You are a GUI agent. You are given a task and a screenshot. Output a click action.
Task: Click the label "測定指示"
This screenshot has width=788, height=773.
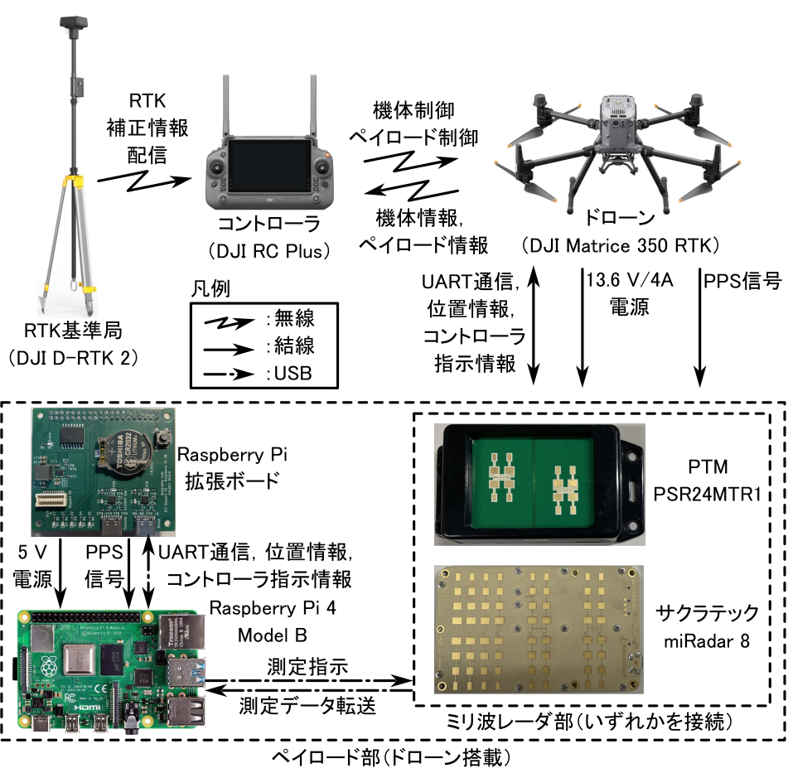[307, 666]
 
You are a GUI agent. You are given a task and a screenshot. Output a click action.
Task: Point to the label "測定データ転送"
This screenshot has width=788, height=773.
[307, 706]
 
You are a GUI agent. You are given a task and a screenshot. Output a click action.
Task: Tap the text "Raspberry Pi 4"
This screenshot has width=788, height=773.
[261, 609]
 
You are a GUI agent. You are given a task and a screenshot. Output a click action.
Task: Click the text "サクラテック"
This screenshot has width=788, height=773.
[707, 614]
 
